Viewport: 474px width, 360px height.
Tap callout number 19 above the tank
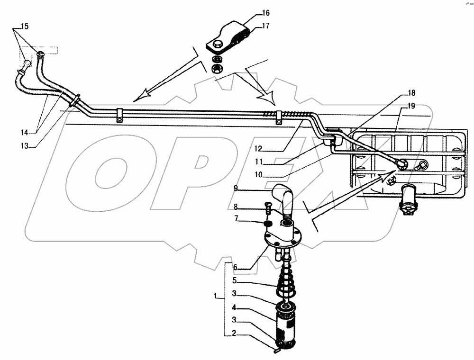411,106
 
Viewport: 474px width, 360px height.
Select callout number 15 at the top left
24,27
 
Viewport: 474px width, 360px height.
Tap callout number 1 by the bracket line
216,297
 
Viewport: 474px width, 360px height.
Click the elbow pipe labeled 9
284,199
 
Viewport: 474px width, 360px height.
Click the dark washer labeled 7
267,223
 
